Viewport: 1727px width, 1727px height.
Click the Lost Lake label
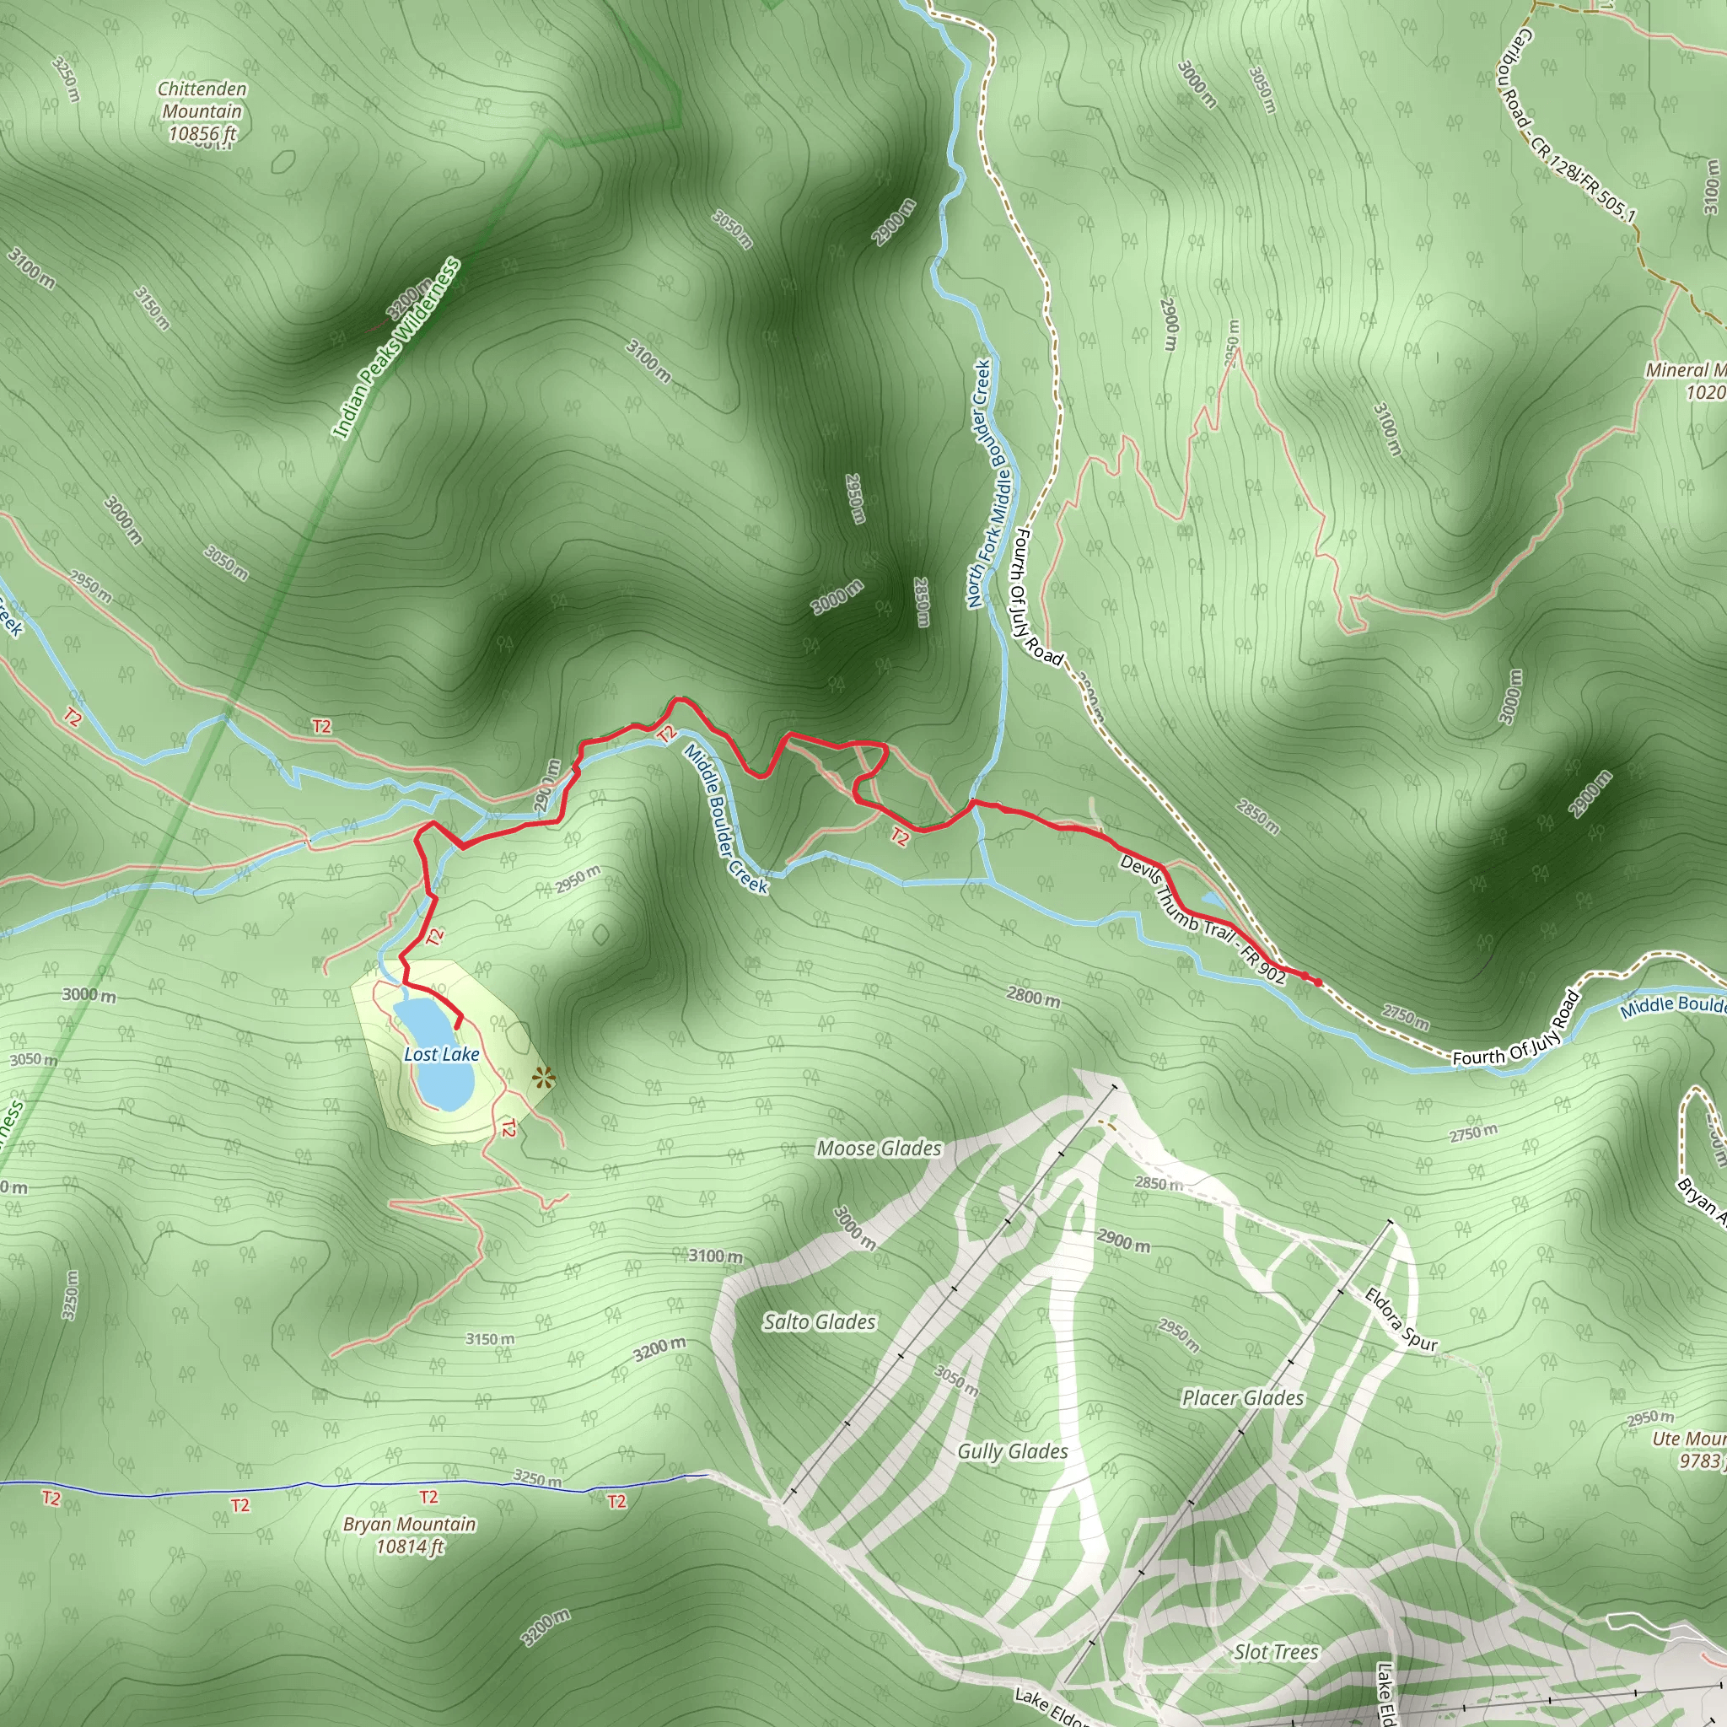(442, 1055)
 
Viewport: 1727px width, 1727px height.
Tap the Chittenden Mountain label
(202, 110)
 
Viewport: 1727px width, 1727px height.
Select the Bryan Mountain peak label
(409, 1535)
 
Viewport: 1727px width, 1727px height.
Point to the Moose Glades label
(879, 1149)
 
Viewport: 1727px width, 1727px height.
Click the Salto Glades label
(819, 1321)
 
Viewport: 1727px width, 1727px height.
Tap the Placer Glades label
(1242, 1398)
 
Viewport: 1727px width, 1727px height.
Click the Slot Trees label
(1276, 1652)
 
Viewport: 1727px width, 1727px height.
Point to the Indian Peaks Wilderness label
(397, 348)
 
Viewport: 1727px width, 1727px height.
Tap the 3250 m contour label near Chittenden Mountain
(64, 78)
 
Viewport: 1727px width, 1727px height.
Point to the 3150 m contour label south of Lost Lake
(490, 1338)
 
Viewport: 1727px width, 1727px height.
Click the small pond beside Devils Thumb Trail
(1213, 899)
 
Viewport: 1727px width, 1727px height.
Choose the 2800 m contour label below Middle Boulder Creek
(1033, 996)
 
